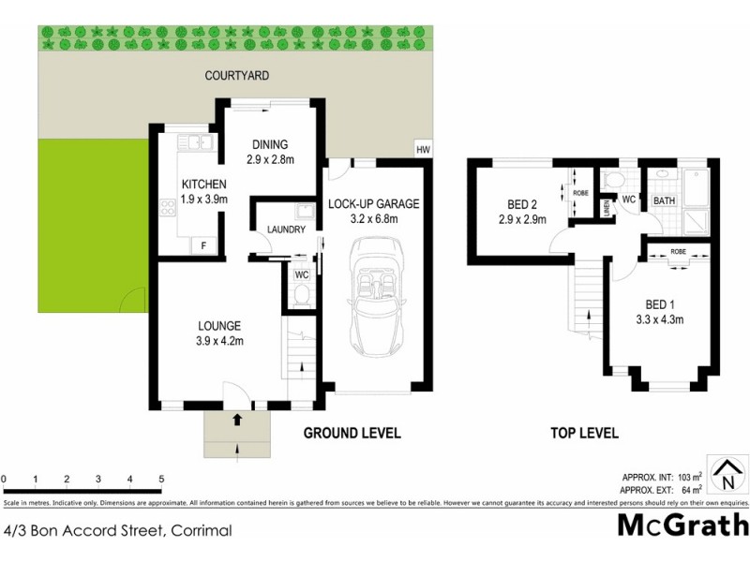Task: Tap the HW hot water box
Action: [424, 148]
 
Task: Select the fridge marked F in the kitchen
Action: [203, 245]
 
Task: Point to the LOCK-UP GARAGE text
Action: [373, 203]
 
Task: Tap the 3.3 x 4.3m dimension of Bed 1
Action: [659, 319]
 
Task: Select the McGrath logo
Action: [682, 525]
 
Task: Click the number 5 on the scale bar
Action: [162, 480]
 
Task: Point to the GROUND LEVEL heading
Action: [352, 433]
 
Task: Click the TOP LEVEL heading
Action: [584, 433]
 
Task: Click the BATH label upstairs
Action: [664, 200]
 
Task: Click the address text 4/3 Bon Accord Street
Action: [117, 530]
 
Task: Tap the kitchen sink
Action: [198, 143]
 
